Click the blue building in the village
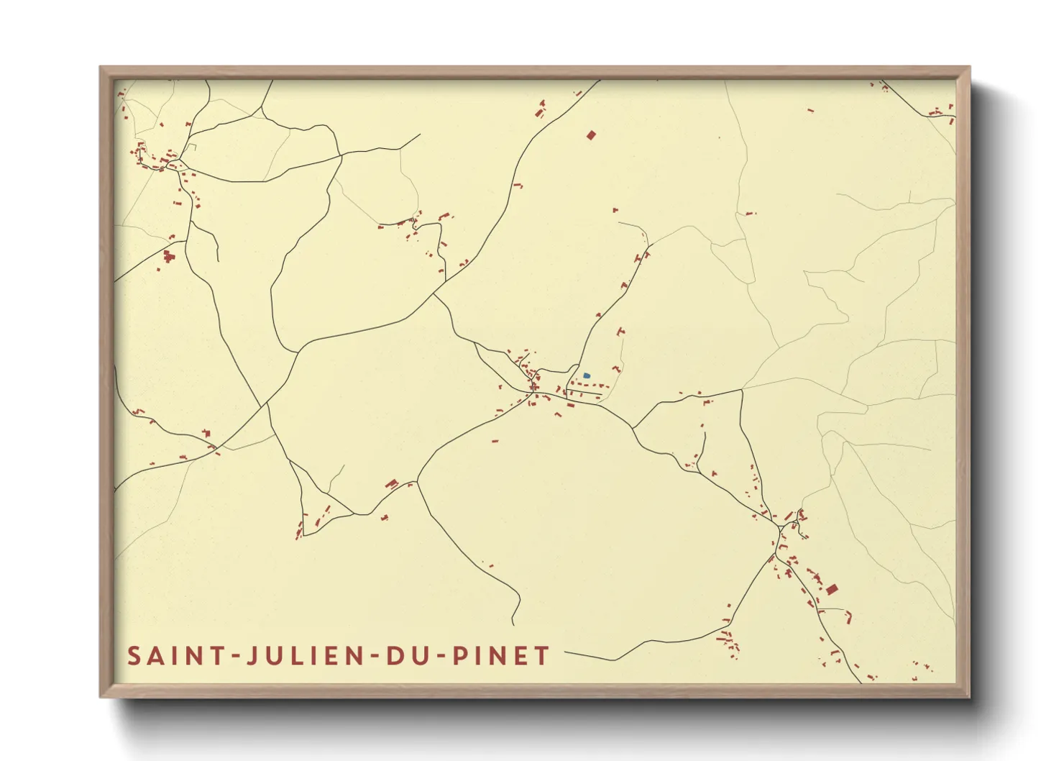pyautogui.click(x=587, y=375)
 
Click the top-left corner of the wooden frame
pyautogui.click(x=101, y=68)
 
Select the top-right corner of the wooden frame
pyautogui.click(x=969, y=68)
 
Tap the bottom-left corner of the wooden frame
pyautogui.click(x=101, y=696)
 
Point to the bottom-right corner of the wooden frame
pyautogui.click(x=969, y=696)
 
